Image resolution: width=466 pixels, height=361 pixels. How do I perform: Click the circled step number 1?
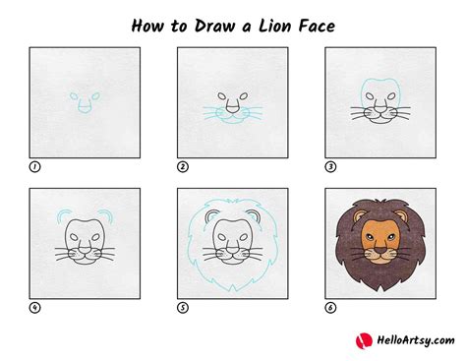pyautogui.click(x=35, y=166)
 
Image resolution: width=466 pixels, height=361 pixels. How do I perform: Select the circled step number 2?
pyautogui.click(x=183, y=166)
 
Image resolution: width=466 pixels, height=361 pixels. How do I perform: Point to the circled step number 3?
pyautogui.click(x=330, y=166)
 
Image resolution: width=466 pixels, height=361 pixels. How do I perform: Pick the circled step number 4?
pyautogui.click(x=35, y=307)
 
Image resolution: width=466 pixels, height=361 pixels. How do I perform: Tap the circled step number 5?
pyautogui.click(x=183, y=307)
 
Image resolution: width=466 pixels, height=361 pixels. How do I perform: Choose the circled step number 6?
pyautogui.click(x=330, y=307)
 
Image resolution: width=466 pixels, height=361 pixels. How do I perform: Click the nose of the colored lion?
pyautogui.click(x=381, y=254)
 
